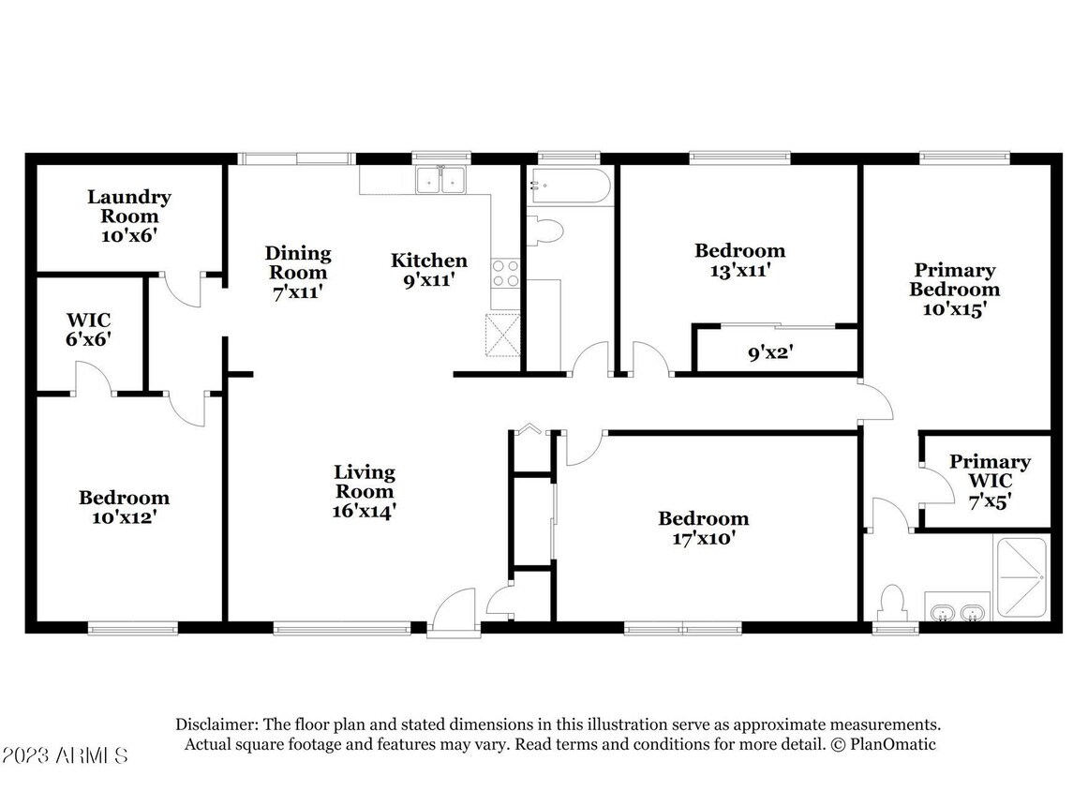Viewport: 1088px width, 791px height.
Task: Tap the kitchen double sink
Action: coord(440,178)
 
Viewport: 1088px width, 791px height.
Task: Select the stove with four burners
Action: coord(505,272)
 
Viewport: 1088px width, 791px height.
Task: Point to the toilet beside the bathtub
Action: coord(544,229)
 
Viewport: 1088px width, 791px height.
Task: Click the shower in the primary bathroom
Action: coord(1021,577)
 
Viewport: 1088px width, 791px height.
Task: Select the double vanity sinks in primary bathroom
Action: coord(956,611)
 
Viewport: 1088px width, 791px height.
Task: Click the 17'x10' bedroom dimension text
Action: coord(703,539)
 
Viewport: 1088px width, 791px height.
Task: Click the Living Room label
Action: coord(365,482)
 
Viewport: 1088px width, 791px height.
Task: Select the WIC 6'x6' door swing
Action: coord(93,380)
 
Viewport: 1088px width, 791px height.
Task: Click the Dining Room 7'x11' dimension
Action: coord(297,291)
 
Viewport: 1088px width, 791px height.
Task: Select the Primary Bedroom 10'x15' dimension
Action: coord(954,309)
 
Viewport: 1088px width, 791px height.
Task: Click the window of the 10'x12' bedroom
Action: coord(132,627)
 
